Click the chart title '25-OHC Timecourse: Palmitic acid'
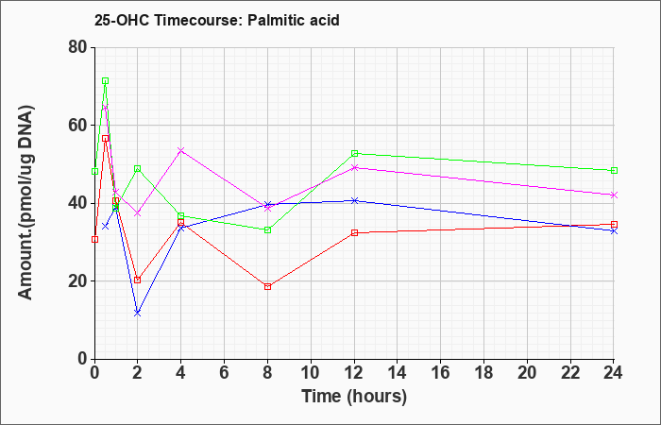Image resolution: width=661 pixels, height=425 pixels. tap(216, 20)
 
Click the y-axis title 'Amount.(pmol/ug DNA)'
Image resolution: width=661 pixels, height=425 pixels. tap(26, 202)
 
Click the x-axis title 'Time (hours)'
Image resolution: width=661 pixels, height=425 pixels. tap(354, 397)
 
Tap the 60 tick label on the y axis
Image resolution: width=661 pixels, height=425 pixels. tap(77, 126)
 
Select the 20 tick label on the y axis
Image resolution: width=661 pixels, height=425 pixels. tap(77, 281)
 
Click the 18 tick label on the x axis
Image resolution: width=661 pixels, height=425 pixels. tap(483, 373)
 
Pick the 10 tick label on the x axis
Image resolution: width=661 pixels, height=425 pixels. tap(311, 373)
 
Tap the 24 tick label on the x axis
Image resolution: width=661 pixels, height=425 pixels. tap(613, 373)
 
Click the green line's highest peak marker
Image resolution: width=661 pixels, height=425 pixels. tap(106, 81)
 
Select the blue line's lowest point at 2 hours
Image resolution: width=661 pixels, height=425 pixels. tap(138, 314)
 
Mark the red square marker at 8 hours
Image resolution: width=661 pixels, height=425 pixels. tap(267, 287)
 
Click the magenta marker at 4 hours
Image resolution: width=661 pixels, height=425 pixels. tap(181, 150)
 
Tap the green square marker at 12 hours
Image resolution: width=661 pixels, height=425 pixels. tap(354, 153)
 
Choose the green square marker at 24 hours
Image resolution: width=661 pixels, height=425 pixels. tap(614, 170)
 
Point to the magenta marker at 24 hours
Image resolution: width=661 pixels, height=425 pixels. tap(614, 195)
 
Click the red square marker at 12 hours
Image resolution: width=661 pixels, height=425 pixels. tap(354, 232)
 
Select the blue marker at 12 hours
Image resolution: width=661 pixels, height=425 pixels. tap(354, 200)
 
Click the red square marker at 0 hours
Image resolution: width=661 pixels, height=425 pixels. tap(94, 240)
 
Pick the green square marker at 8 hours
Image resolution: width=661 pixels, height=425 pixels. tap(267, 230)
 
